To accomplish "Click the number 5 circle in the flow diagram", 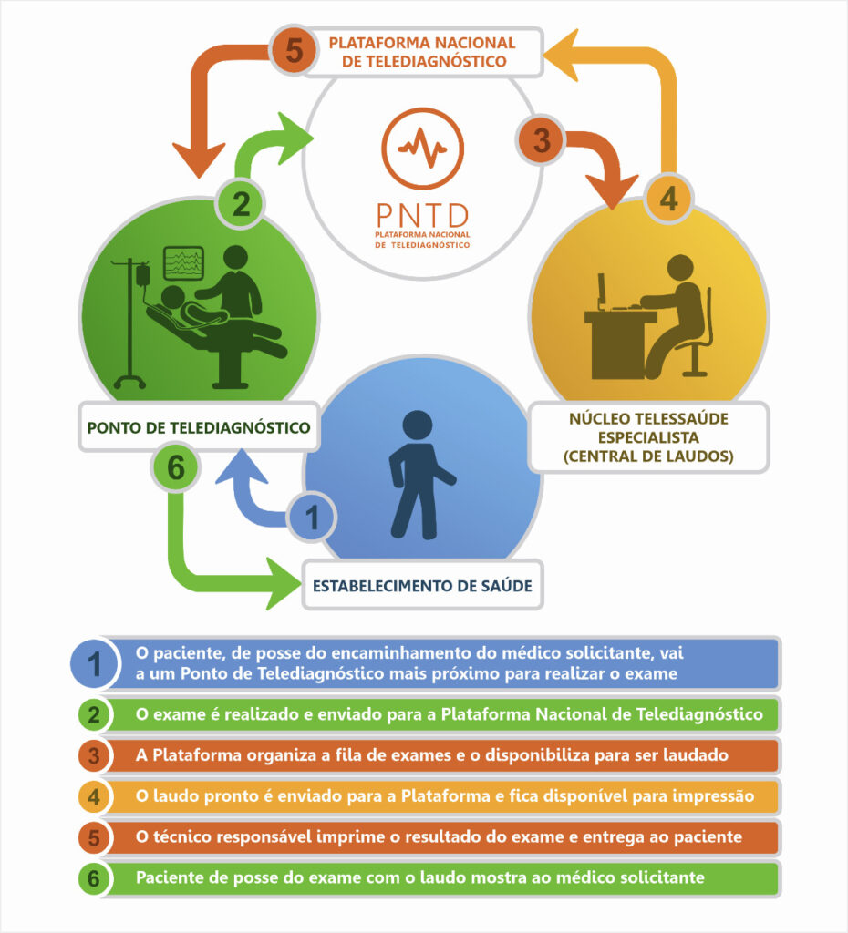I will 295,50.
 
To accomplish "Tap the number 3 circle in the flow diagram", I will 542,141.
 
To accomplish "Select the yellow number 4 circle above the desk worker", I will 668,198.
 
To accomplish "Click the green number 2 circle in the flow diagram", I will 241,203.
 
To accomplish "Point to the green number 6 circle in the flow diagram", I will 177,468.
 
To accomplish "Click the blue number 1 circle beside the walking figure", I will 313,518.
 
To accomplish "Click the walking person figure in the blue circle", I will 418,474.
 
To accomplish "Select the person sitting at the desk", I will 675,314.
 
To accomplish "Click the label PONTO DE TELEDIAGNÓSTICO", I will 199,426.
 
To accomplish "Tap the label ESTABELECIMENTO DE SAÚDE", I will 422,585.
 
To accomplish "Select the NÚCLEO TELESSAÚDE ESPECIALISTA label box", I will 649,438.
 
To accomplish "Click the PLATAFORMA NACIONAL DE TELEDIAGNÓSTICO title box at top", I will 422,51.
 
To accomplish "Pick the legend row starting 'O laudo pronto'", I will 444,795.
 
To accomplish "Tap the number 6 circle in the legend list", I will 93,878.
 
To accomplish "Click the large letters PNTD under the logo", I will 422,216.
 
